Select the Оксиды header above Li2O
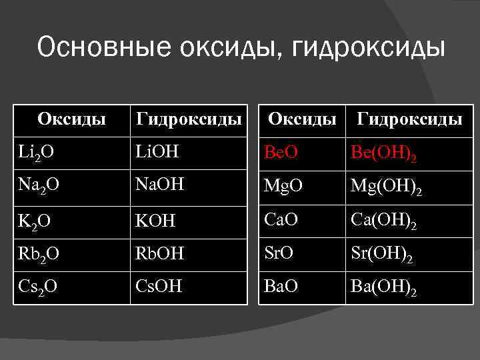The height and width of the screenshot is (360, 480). (72, 119)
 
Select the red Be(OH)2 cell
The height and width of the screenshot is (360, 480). (385, 155)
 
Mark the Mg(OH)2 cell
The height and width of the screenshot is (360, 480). (386, 189)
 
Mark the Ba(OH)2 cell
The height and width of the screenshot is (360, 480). (385, 289)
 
